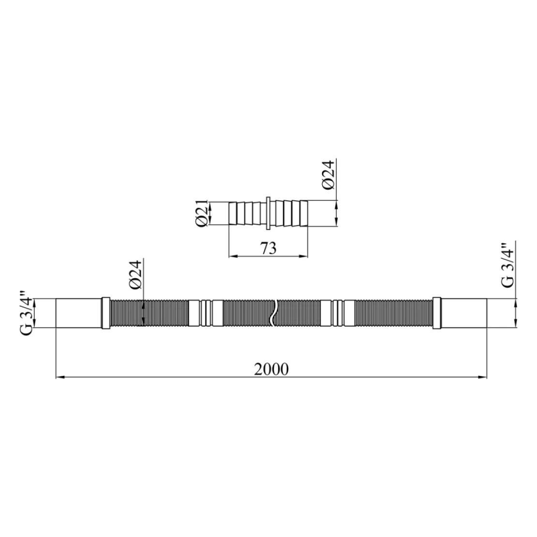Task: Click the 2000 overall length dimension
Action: tap(271, 369)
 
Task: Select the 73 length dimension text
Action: tap(268, 248)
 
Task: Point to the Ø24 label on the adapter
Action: tap(328, 175)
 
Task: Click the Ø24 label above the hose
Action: tap(135, 275)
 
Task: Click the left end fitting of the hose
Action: tap(79, 313)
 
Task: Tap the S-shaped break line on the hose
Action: tap(273, 313)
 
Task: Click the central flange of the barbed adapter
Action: tap(268, 213)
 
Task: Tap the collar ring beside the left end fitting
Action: tap(106, 313)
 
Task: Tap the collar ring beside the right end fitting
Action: tap(437, 313)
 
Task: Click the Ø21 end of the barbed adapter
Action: tap(233, 213)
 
